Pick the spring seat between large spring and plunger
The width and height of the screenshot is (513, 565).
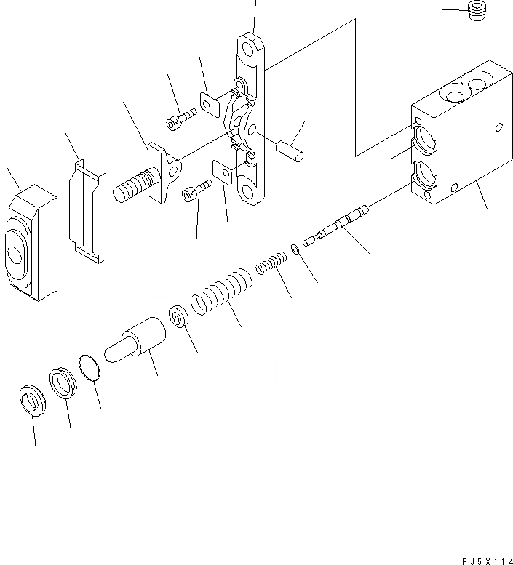pyautogui.click(x=178, y=318)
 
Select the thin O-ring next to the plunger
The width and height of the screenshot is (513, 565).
pyautogui.click(x=90, y=367)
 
